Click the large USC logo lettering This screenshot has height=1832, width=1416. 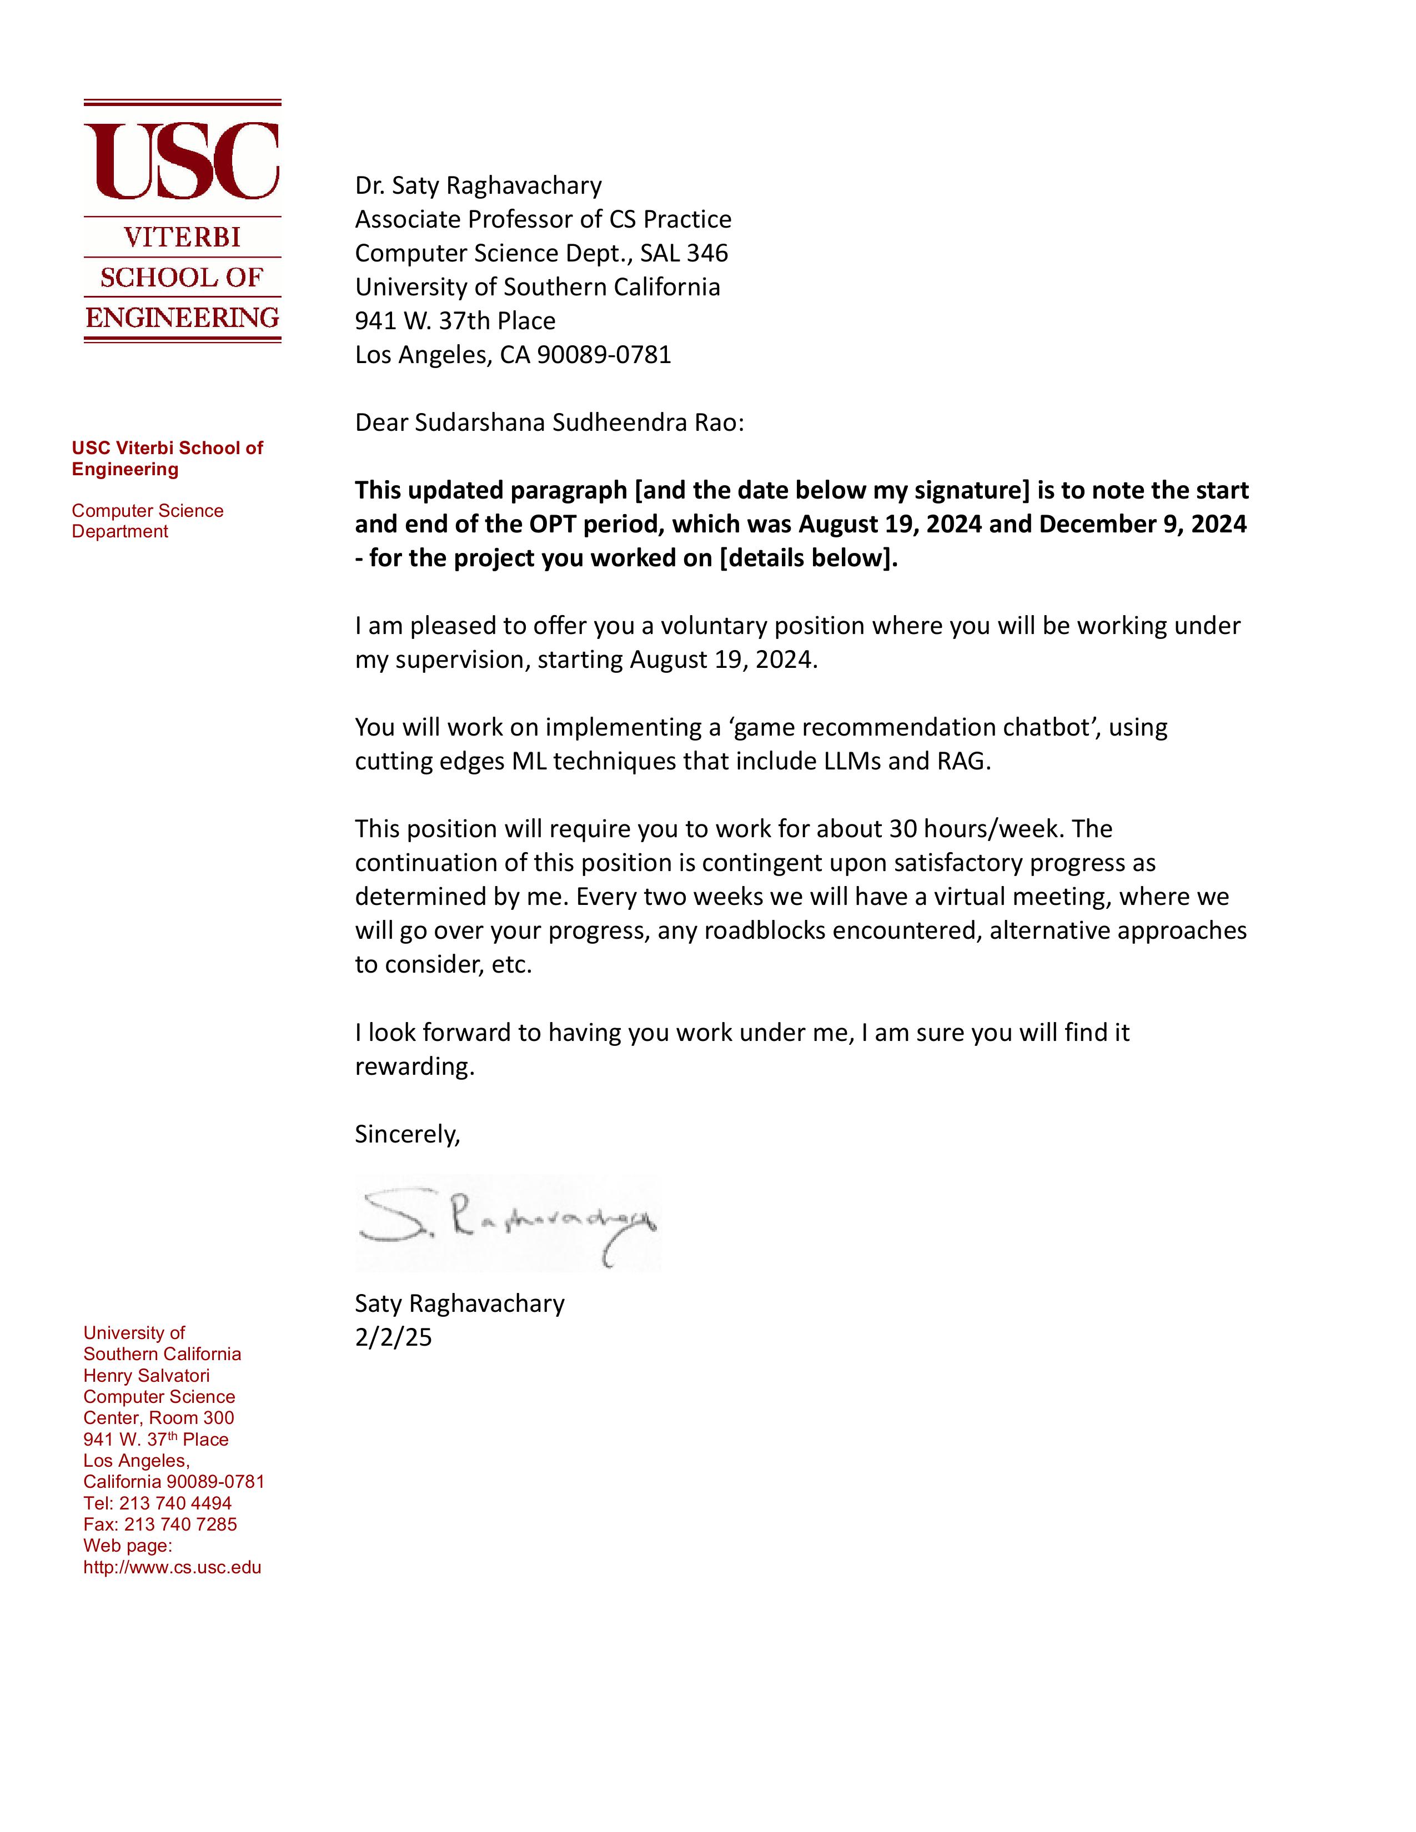click(x=182, y=160)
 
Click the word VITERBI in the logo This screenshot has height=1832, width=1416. click(x=182, y=238)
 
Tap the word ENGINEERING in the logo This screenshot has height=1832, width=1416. click(x=182, y=318)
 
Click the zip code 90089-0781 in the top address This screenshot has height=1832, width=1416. click(x=604, y=354)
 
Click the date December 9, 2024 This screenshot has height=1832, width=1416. click(x=1143, y=524)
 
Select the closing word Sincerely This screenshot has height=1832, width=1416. click(x=408, y=1134)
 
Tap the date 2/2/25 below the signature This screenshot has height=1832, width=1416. click(x=394, y=1337)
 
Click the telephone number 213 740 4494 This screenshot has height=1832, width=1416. click(x=175, y=1503)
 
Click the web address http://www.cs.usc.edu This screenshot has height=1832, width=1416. click(x=172, y=1567)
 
